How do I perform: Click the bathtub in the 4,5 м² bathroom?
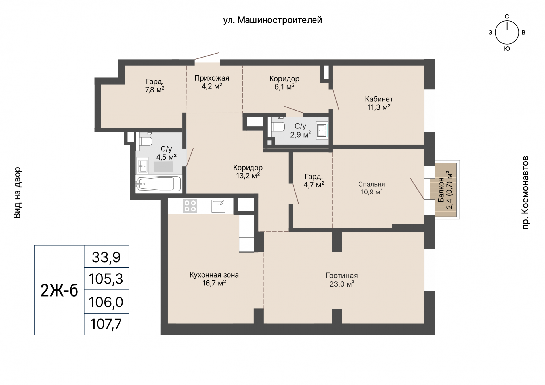click(158, 184)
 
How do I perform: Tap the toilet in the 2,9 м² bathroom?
click(278, 126)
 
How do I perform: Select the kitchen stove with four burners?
click(190, 206)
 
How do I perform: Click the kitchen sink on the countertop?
click(218, 206)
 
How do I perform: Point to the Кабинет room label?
click(379, 99)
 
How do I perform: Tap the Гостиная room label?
click(341, 276)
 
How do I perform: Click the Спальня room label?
click(372, 184)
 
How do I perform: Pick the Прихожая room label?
click(212, 78)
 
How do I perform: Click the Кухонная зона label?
click(214, 275)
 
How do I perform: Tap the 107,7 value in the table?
click(106, 324)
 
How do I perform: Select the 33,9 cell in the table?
click(106, 257)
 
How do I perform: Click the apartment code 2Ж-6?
click(59, 290)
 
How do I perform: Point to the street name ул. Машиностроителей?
click(272, 20)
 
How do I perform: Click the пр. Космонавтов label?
click(525, 192)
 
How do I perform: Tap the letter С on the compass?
click(507, 16)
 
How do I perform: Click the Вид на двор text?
click(17, 192)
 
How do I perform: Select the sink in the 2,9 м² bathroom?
click(322, 130)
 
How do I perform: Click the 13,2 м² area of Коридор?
click(248, 176)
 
